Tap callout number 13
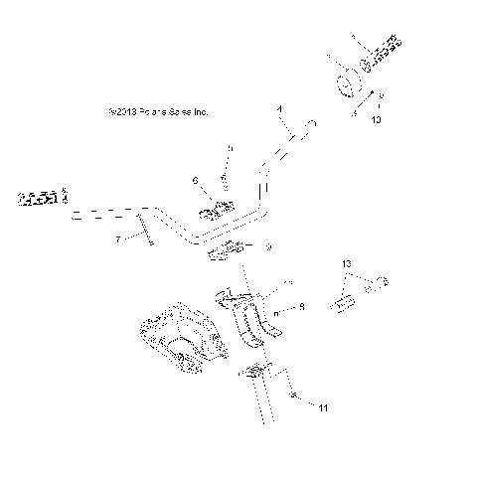[x=346, y=263]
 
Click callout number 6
[x=195, y=180]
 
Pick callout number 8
[x=301, y=308]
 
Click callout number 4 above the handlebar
[x=279, y=106]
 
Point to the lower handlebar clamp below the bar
[x=225, y=253]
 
